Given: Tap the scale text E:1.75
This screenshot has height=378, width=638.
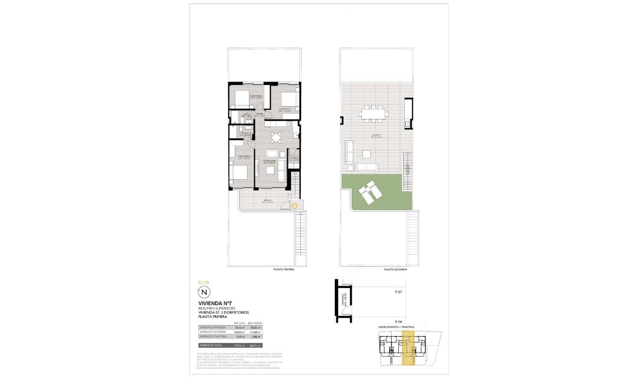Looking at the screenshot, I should [204, 282].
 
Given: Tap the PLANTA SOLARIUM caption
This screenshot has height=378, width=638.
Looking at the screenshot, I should [394, 269].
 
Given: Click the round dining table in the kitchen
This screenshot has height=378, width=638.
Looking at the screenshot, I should [276, 138].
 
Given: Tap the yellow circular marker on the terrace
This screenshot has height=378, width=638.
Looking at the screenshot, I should [294, 206].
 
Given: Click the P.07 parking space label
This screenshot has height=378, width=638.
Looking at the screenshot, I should [398, 292].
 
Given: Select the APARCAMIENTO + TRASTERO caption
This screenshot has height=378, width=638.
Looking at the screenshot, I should [396, 327].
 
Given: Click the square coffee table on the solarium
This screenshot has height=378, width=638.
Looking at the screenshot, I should [367, 154].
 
